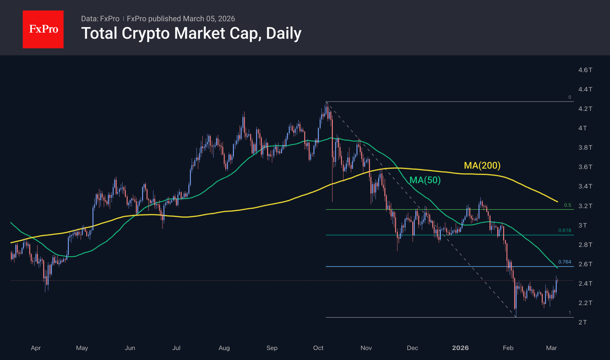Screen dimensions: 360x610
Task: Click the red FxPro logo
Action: [x=43, y=29]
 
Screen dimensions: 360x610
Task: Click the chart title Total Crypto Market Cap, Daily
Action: [x=191, y=33]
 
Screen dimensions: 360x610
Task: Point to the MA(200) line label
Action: [x=482, y=165]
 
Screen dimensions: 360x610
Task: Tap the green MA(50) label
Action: [x=425, y=180]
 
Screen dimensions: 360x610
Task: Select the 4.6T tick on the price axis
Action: [x=585, y=70]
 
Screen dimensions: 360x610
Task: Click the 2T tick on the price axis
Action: [x=583, y=322]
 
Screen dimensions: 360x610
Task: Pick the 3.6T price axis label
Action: [x=585, y=167]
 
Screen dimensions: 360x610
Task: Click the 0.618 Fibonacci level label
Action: [x=565, y=230]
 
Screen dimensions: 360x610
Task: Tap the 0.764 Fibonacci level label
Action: [x=565, y=262]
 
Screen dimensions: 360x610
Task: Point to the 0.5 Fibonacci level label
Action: [x=567, y=205]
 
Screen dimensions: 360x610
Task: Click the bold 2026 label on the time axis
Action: [x=460, y=348]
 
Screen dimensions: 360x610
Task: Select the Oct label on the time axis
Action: [x=318, y=348]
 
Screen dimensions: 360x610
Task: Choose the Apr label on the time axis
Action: [x=36, y=348]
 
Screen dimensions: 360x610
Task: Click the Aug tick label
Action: [x=224, y=348]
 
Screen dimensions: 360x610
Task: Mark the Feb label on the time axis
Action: [x=508, y=348]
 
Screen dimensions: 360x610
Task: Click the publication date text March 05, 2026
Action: [x=209, y=19]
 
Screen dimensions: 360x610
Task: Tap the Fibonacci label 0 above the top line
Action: [x=569, y=97]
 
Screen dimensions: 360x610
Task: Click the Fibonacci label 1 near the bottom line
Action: [x=569, y=313]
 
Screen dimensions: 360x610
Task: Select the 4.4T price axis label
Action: [x=585, y=89]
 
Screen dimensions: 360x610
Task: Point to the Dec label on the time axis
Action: [x=412, y=348]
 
